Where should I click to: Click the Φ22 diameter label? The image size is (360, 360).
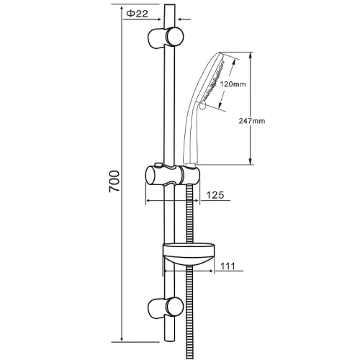click(137, 14)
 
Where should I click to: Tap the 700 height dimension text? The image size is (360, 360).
click(114, 181)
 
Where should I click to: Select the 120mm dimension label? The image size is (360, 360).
click(233, 84)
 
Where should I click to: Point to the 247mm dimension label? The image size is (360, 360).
click(252, 121)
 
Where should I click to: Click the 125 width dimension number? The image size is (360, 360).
click(215, 195)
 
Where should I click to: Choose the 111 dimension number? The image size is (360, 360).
click(228, 266)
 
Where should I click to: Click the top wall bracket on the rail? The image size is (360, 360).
click(166, 37)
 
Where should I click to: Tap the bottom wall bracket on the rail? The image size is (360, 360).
click(166, 308)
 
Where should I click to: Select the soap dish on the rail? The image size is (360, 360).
click(189, 254)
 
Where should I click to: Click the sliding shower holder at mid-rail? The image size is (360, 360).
click(173, 175)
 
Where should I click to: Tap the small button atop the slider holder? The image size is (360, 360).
click(158, 165)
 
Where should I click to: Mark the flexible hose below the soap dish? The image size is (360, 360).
click(189, 312)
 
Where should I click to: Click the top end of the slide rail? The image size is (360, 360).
click(169, 6)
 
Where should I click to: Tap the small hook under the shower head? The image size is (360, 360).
click(202, 106)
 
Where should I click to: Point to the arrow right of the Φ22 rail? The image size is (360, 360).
click(184, 19)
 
